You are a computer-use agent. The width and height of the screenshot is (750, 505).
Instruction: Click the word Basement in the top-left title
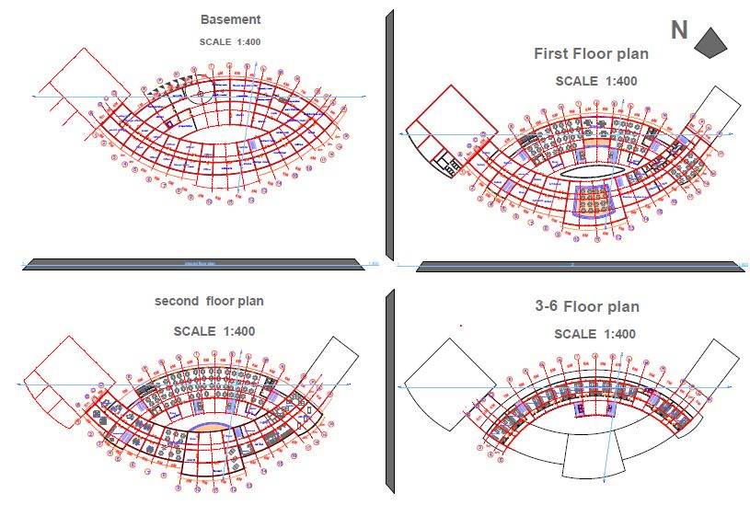(x=230, y=19)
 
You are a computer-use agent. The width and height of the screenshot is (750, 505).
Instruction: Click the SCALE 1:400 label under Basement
(x=230, y=41)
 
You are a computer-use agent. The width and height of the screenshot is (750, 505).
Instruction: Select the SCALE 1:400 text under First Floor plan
(x=596, y=81)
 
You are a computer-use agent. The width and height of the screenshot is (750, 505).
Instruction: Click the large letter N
(x=679, y=30)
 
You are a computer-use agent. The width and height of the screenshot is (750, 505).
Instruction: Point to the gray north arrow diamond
(x=710, y=40)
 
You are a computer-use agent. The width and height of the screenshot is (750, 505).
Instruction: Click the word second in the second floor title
(x=178, y=301)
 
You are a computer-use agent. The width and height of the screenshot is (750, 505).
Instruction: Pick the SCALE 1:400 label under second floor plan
(x=213, y=331)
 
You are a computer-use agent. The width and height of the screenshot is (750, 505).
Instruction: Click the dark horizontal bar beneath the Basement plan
(x=193, y=264)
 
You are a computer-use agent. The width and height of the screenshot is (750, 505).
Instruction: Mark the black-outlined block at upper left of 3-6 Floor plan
(x=444, y=373)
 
